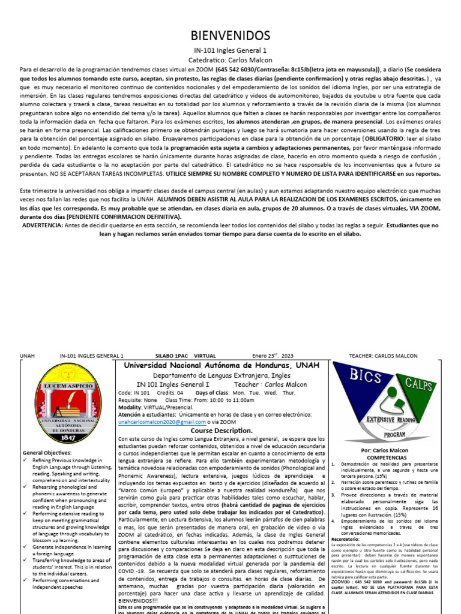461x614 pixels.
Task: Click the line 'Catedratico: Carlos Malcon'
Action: [230, 60]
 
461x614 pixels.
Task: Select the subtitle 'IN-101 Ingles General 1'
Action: [230, 50]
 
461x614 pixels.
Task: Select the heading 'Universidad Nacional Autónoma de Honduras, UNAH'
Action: [221, 366]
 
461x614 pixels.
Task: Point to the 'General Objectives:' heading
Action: [47, 452]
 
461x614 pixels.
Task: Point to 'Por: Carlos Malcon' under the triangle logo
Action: [384, 450]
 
